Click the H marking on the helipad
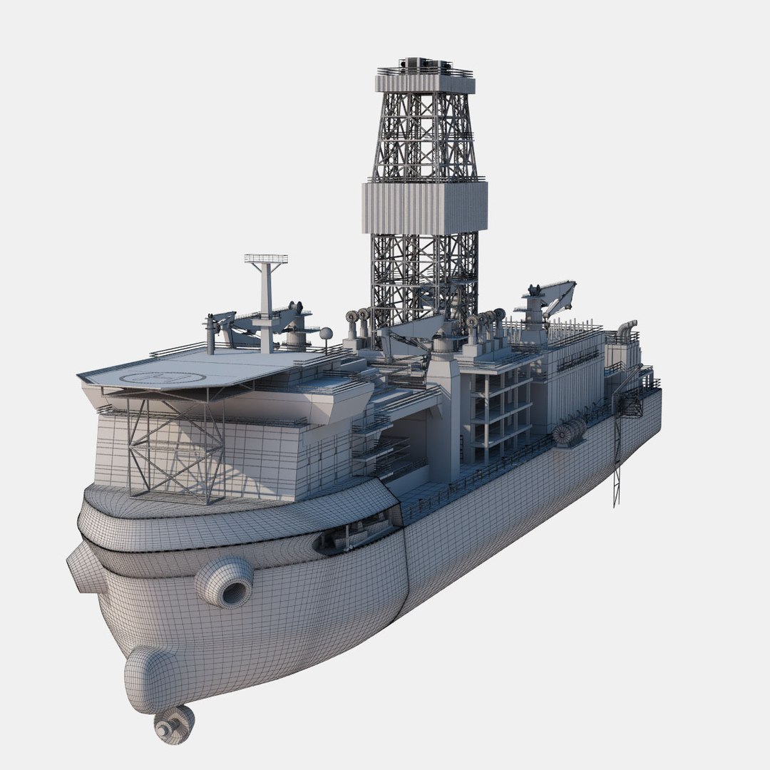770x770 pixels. click(x=151, y=377)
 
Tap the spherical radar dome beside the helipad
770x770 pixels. click(x=326, y=334)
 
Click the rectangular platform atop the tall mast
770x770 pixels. click(x=266, y=258)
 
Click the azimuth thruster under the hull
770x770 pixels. click(x=173, y=723)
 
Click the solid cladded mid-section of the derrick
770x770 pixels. click(x=425, y=207)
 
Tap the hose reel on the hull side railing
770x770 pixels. click(x=569, y=433)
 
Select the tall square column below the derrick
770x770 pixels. click(x=445, y=421)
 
